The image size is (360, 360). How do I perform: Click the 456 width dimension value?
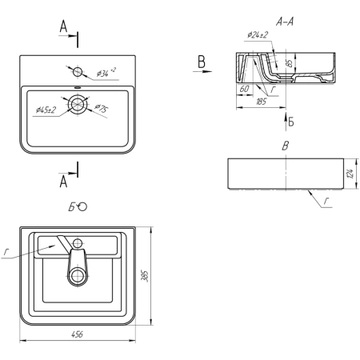[78, 334]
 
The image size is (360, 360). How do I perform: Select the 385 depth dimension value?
[145, 276]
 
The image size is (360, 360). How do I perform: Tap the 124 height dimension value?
[350, 174]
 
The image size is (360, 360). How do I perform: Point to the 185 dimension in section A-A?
[262, 102]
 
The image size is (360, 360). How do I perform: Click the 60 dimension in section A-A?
[244, 89]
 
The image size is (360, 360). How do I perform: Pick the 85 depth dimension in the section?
[289, 63]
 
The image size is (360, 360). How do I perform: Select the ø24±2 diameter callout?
[258, 35]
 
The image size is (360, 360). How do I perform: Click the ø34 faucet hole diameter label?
[106, 72]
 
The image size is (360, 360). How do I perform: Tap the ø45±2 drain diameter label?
[46, 110]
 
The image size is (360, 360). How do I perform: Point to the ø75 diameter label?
[102, 109]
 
